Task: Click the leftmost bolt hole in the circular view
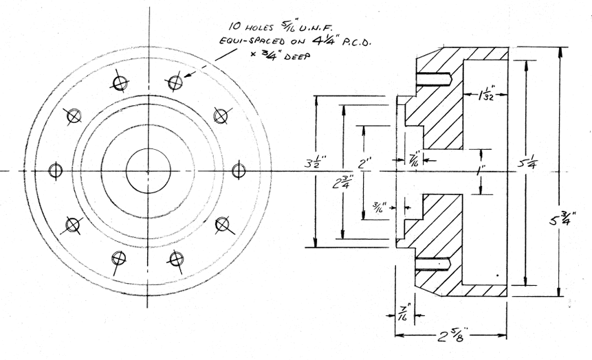[56, 170]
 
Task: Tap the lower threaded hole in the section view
[431, 264]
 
